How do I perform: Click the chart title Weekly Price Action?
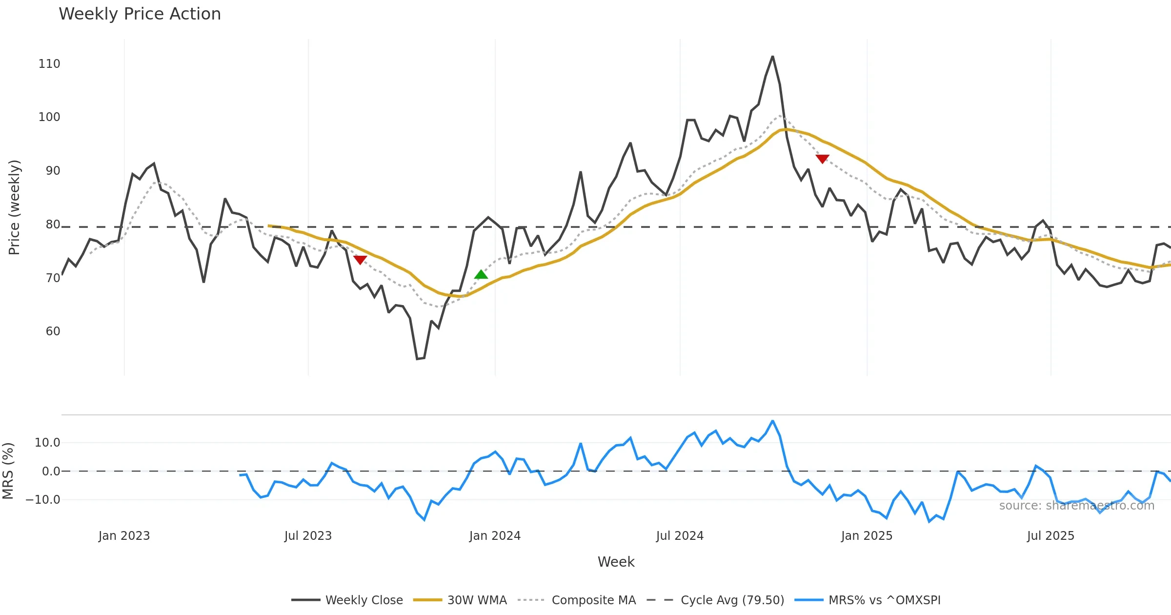pos(140,14)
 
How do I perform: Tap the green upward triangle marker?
pos(481,275)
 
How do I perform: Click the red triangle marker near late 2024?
pos(822,159)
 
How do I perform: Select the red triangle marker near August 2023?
pos(360,260)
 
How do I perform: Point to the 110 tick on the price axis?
pos(49,64)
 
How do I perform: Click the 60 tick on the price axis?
pos(53,331)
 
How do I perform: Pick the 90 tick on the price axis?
pos(53,171)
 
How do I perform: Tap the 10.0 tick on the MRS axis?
pos(47,443)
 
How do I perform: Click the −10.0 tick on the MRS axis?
pos(43,500)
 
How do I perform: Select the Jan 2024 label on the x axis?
pos(495,536)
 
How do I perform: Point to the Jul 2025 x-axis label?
pos(1050,536)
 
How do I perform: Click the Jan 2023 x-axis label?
pos(124,536)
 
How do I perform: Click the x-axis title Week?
pos(616,562)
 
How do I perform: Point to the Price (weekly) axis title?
pos(14,207)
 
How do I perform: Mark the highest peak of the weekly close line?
pos(772,57)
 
